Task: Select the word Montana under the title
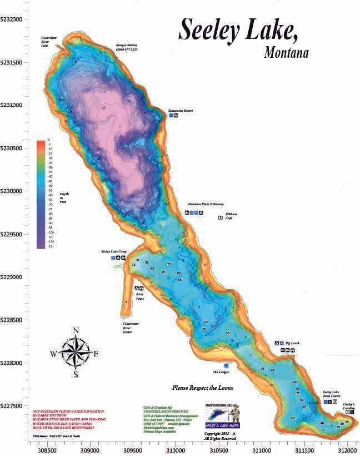[286, 54]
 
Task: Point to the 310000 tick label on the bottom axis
[176, 448]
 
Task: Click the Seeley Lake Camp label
[112, 251]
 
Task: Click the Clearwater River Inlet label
[49, 42]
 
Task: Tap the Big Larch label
[292, 343]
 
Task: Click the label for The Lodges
[221, 372]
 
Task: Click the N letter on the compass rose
[76, 331]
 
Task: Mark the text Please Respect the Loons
[202, 388]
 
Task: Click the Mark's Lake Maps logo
[221, 416]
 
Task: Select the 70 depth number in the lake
[205, 322]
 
